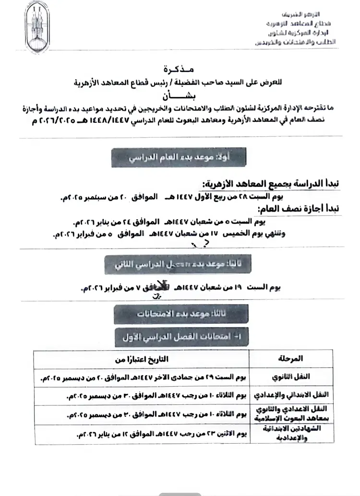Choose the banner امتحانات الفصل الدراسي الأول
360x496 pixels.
[x=181, y=337]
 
